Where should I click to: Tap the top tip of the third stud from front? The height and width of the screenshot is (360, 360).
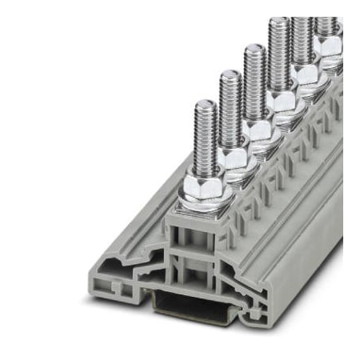(x=254, y=49)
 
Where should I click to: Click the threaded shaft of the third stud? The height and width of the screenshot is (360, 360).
(x=255, y=84)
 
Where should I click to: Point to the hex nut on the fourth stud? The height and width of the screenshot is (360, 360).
(x=282, y=100)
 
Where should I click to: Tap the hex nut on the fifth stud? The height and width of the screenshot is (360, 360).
(x=305, y=74)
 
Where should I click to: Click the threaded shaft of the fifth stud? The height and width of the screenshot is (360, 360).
(x=302, y=36)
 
